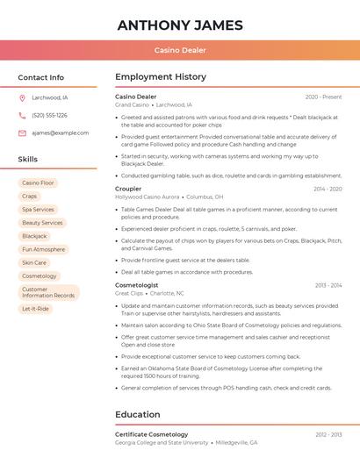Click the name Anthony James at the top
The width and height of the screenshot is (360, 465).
[x=180, y=24]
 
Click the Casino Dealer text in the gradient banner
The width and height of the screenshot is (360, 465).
[x=180, y=50]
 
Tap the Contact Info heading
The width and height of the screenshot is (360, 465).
[x=40, y=77]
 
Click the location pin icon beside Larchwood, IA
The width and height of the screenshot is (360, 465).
[x=22, y=98]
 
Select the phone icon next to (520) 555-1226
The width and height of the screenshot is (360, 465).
[x=22, y=115]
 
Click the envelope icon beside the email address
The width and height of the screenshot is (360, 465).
[x=22, y=132]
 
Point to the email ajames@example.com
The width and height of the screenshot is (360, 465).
[x=60, y=132]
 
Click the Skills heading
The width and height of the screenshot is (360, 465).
[x=28, y=159]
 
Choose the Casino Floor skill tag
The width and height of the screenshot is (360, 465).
[x=38, y=182]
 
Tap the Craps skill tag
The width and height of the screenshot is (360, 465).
[x=30, y=197]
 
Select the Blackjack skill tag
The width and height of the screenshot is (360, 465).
[x=34, y=236]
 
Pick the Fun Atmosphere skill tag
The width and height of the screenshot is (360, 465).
[x=43, y=249]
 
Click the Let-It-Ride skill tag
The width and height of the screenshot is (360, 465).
[x=35, y=309]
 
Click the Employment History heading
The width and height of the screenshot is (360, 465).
[x=161, y=77]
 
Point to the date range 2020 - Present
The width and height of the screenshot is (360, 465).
[x=323, y=97]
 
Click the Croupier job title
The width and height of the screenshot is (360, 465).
[x=128, y=189]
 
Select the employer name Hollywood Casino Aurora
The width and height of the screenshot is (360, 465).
[x=148, y=197]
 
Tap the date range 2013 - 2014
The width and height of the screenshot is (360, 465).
[x=328, y=285]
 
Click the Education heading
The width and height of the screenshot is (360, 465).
[x=138, y=414]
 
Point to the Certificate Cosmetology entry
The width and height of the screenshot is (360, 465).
[x=152, y=434]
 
